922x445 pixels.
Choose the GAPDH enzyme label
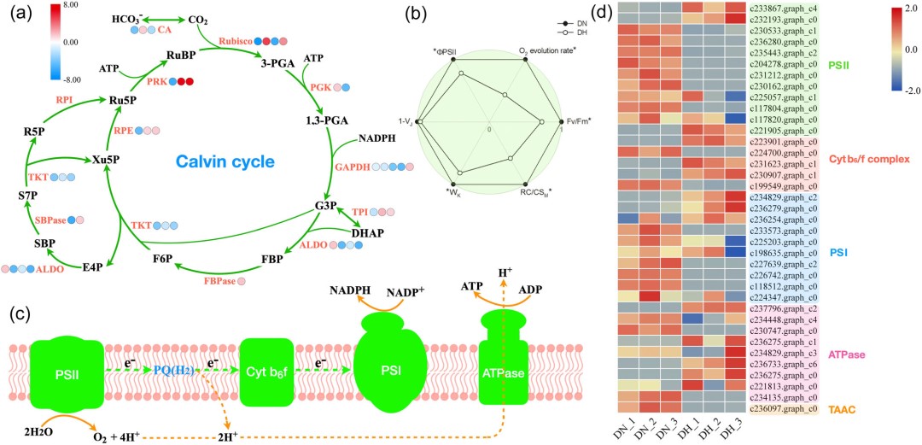pyautogui.click(x=353, y=168)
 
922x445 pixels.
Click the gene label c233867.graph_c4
pyautogui.click(x=783, y=8)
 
